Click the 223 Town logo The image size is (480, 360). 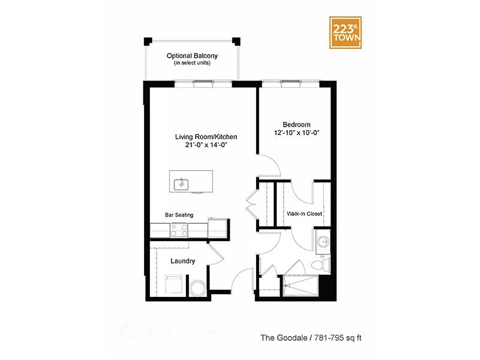[347, 31]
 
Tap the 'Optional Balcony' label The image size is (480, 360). [192, 56]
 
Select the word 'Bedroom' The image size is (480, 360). [295, 124]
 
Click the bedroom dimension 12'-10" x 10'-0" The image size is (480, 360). [295, 133]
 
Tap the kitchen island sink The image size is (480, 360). [180, 184]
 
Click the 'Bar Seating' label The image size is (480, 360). [179, 214]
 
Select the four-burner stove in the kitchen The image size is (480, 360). [179, 229]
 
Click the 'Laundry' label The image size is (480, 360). [182, 261]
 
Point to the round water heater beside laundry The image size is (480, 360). [197, 288]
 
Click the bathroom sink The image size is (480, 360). [323, 241]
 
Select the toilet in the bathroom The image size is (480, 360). [322, 263]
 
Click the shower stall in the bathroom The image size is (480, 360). [300, 286]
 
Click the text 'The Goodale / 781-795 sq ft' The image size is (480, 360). [310, 337]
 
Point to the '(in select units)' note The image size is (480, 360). [192, 63]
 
